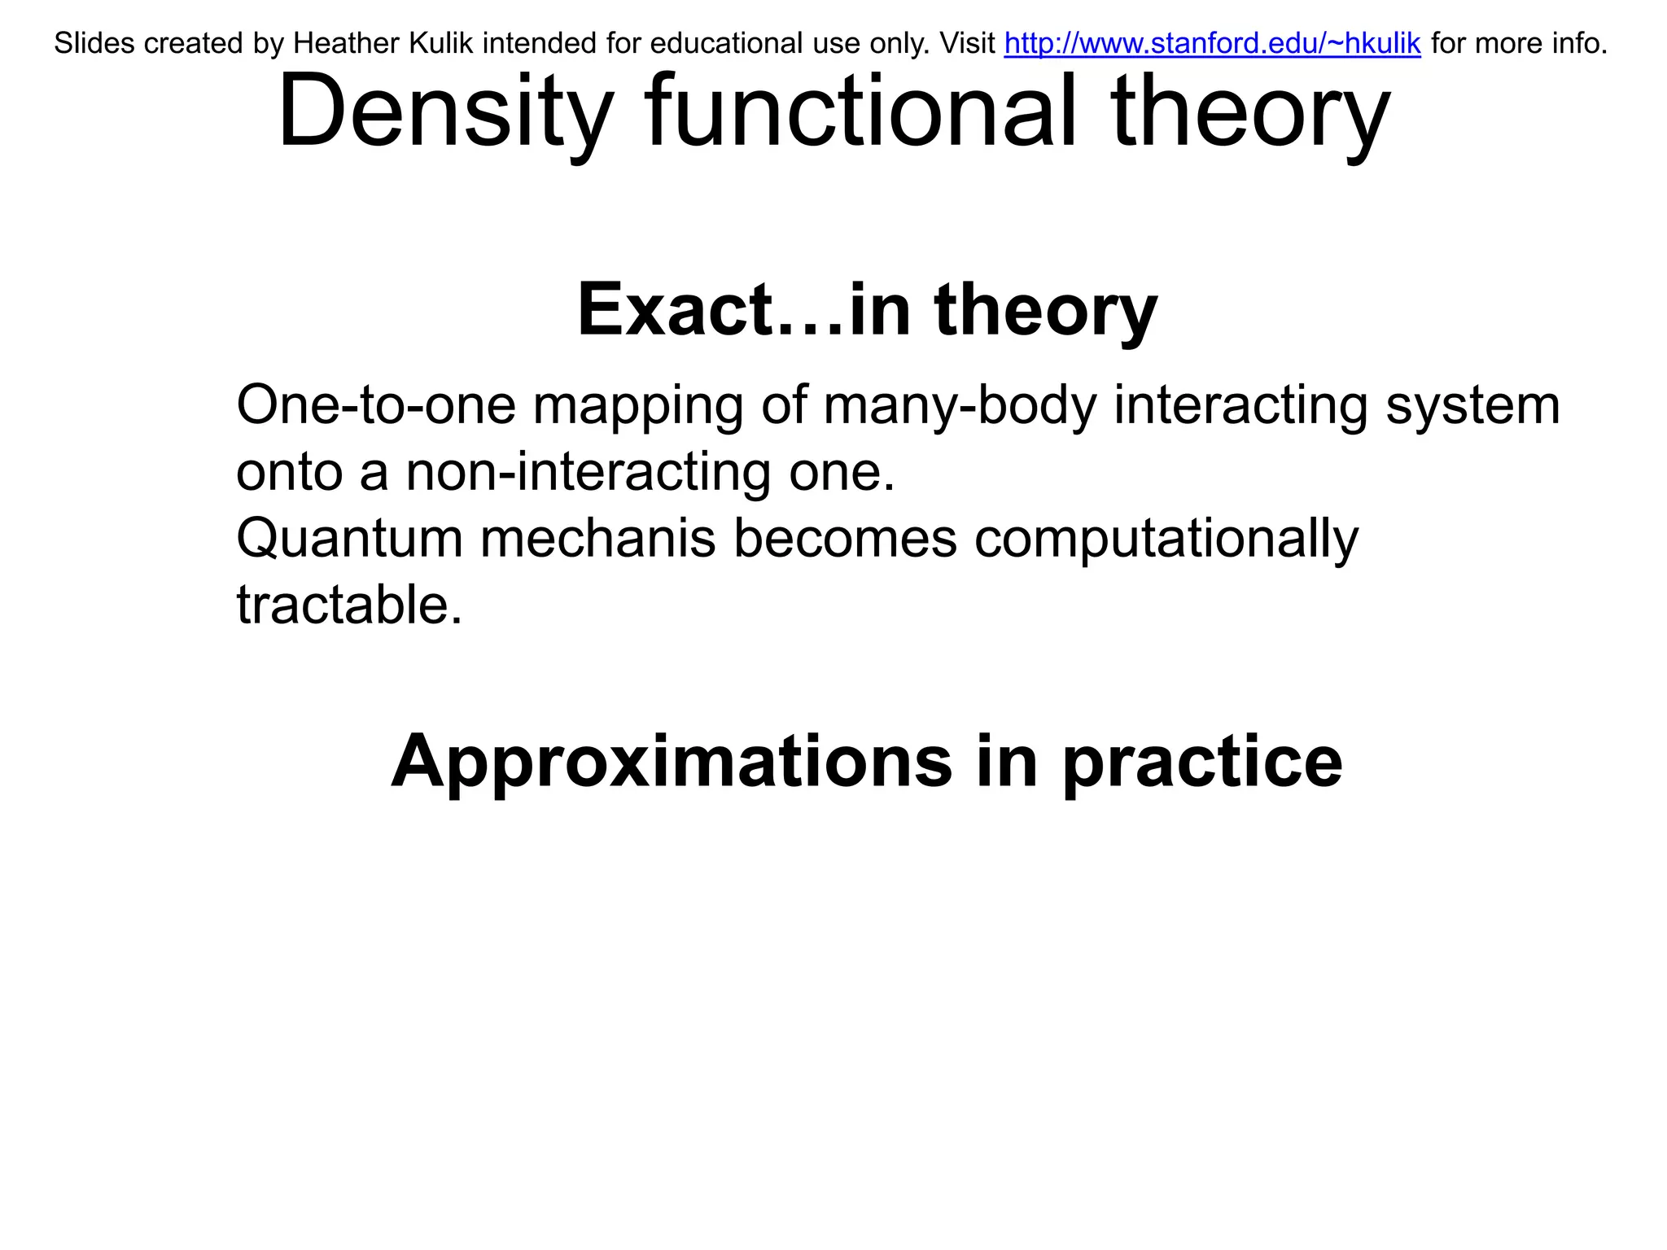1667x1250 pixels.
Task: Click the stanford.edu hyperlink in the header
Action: pyautogui.click(x=1212, y=43)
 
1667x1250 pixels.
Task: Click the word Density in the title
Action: pyautogui.click(x=444, y=112)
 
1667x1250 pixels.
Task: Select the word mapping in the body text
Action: pyautogui.click(x=637, y=406)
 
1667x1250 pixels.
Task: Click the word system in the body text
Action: pyautogui.click(x=1472, y=406)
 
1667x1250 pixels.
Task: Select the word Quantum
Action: pyautogui.click(x=349, y=539)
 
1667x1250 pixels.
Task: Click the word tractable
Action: pyautogui.click(x=348, y=605)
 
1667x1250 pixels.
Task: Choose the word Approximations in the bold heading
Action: pyautogui.click(x=672, y=763)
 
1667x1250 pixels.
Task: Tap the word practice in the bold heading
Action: pyautogui.click(x=1202, y=763)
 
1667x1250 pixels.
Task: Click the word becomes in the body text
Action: pyautogui.click(x=845, y=539)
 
